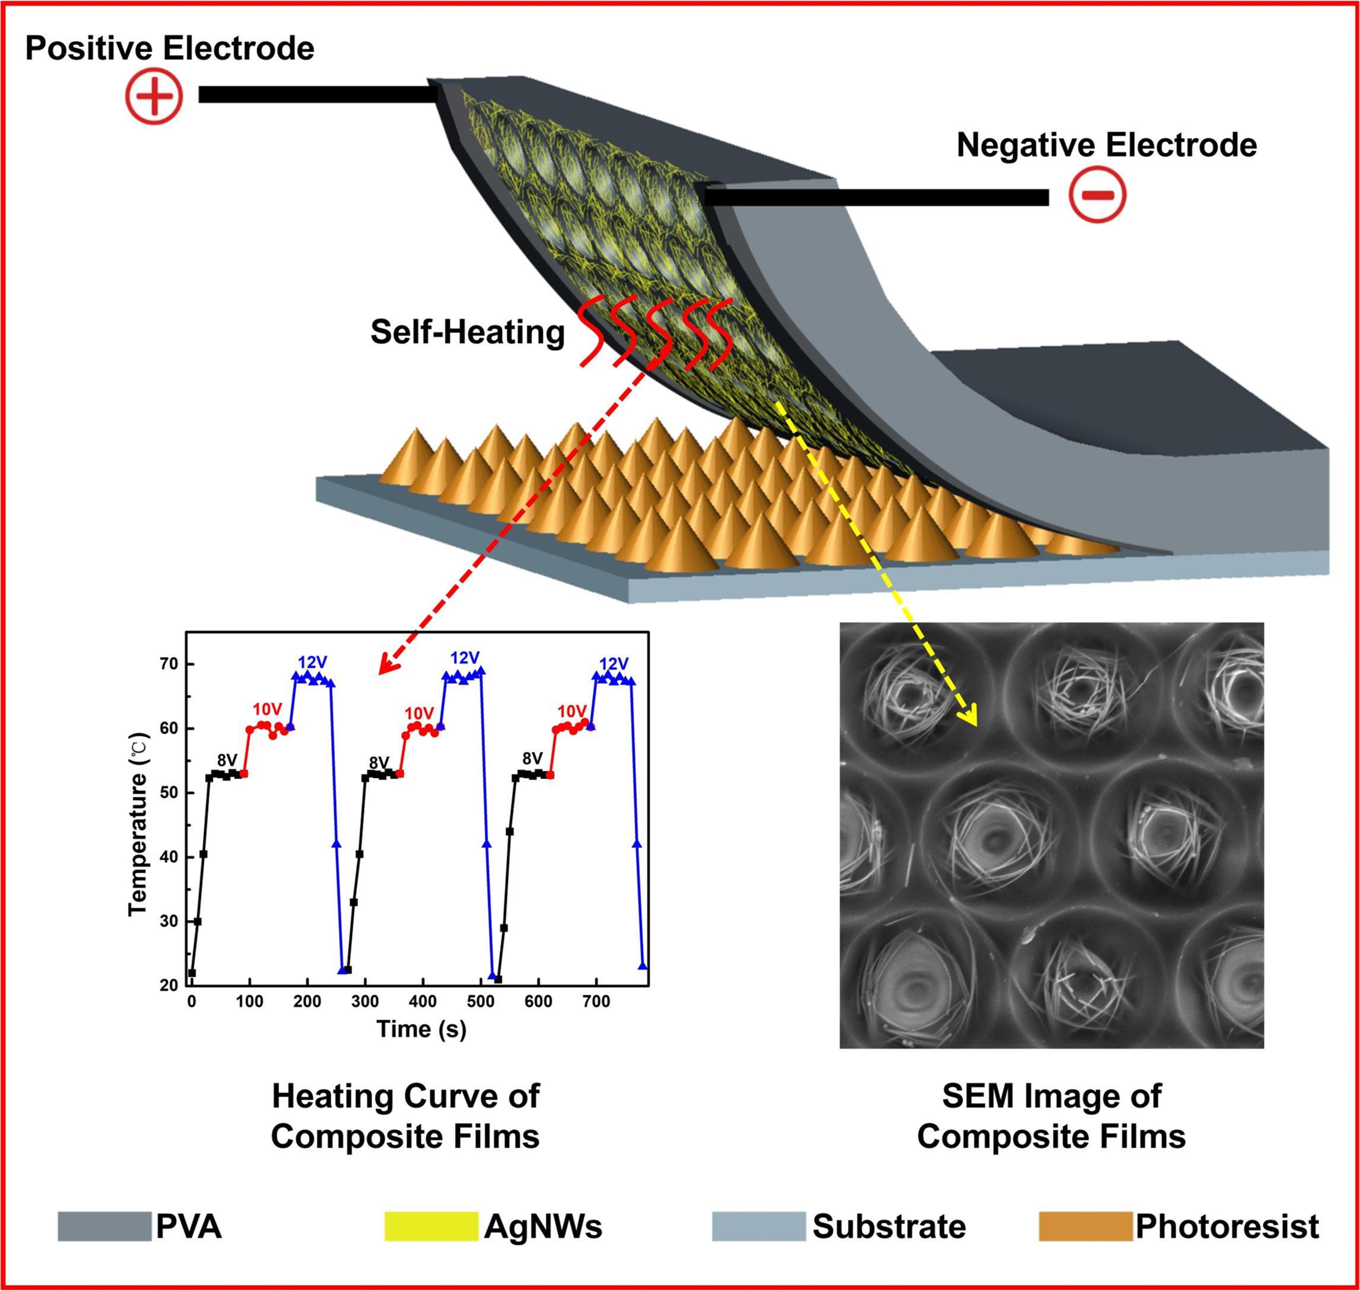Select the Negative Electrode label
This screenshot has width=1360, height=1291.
1107,145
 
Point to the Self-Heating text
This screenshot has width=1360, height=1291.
467,332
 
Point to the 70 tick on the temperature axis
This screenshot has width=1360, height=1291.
169,664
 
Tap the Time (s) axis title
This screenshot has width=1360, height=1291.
421,1029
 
